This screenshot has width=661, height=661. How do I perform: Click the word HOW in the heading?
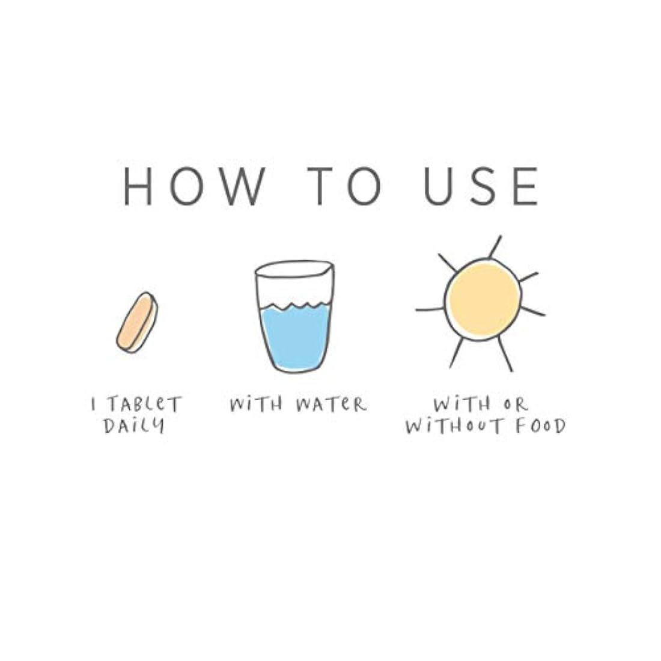[194, 186]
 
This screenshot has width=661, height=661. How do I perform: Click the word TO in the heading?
[344, 186]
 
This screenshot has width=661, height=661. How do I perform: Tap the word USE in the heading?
[481, 186]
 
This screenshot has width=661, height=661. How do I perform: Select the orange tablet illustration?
[137, 322]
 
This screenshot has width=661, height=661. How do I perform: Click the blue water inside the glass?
[295, 337]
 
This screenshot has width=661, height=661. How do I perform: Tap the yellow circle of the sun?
[483, 299]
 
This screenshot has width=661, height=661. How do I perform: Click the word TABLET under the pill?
[144, 404]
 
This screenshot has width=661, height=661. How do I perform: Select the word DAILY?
[134, 425]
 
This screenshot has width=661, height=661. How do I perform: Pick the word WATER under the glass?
[331, 404]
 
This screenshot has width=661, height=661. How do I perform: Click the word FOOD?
[541, 426]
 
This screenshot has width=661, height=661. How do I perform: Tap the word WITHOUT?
[454, 426]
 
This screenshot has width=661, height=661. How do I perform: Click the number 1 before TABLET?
[94, 404]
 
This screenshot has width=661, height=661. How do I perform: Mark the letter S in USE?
[483, 186]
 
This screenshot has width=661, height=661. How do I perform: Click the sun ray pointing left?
[430, 310]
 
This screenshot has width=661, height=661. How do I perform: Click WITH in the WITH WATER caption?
[256, 404]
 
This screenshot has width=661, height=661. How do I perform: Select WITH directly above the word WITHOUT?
[462, 404]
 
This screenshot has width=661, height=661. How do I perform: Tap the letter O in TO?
[364, 186]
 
